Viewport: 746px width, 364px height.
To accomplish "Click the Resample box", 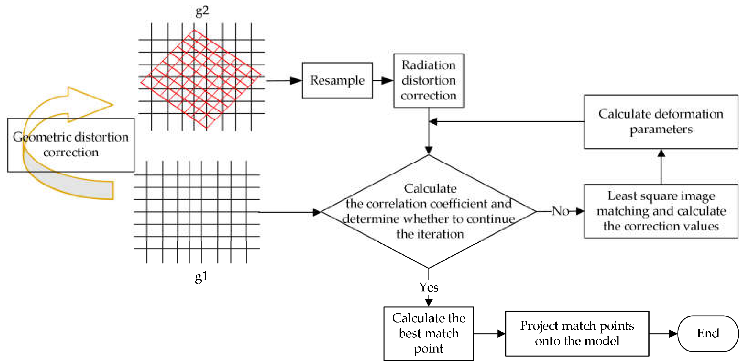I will click(x=337, y=80).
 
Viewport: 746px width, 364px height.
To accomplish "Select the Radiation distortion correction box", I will click(x=428, y=80).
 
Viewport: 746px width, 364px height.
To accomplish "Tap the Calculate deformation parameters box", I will click(x=661, y=121).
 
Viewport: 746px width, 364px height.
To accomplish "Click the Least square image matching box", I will click(x=661, y=211).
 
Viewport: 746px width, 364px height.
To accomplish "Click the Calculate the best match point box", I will click(x=428, y=333).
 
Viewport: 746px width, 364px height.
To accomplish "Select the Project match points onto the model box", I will click(x=577, y=333).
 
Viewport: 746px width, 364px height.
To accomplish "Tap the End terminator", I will click(x=708, y=333).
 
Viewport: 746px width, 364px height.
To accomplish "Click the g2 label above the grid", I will click(x=202, y=11).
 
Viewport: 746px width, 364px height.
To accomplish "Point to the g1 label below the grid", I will click(x=201, y=276).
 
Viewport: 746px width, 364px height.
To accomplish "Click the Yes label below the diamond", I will click(x=428, y=287).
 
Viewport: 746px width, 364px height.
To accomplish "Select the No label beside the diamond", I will click(x=560, y=211).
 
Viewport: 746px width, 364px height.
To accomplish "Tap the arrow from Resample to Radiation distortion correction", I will click(x=383, y=80).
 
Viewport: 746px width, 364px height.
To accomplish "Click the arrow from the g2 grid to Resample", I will click(x=284, y=80).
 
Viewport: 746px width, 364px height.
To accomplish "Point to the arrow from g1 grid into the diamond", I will click(x=290, y=212).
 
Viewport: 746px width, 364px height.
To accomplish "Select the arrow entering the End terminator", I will click(x=663, y=333).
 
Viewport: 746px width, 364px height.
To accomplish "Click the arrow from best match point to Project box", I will click(x=489, y=333).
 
